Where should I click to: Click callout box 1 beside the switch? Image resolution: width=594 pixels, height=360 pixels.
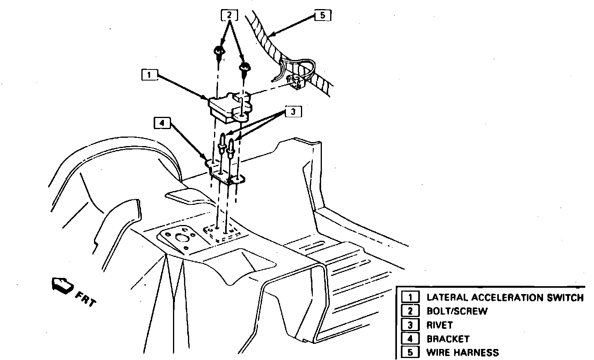pyautogui.click(x=149, y=75)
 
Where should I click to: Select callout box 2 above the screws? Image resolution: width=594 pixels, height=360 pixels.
pyautogui.click(x=229, y=16)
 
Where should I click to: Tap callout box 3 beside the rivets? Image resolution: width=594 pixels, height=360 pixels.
pyautogui.click(x=293, y=112)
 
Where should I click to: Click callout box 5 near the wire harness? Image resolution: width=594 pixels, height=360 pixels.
pyautogui.click(x=322, y=16)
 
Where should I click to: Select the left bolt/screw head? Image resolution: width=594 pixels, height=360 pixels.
pyautogui.click(x=218, y=51)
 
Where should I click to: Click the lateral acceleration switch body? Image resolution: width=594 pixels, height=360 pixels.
pyautogui.click(x=223, y=106)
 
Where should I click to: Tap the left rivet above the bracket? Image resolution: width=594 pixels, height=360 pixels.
pyautogui.click(x=223, y=142)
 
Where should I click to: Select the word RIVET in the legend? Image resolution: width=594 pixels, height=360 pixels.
pyautogui.click(x=440, y=325)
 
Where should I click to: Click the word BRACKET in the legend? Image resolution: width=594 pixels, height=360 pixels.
pyautogui.click(x=448, y=339)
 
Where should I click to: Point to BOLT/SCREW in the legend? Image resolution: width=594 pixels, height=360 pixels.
pyautogui.click(x=457, y=311)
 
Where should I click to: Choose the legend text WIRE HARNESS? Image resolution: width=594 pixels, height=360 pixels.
pyautogui.click(x=462, y=352)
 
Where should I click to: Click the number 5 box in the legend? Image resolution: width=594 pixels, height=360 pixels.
pyautogui.click(x=410, y=352)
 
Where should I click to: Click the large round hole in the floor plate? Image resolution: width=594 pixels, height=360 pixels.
pyautogui.click(x=182, y=239)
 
